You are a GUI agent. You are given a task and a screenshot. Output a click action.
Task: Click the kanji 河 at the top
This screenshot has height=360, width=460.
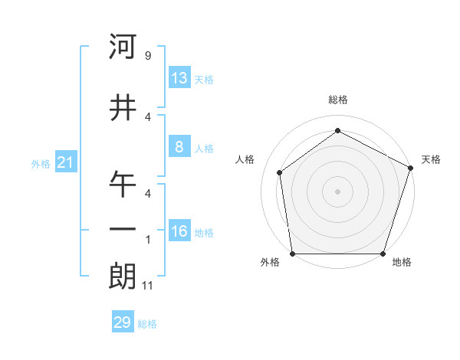click(123, 47)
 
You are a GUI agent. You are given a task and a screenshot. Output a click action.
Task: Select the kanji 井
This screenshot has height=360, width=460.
click(123, 109)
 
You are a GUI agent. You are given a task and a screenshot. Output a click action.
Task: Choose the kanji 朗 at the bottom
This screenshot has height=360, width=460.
click(123, 277)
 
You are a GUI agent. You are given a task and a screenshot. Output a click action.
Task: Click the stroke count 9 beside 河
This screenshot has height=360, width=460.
click(147, 56)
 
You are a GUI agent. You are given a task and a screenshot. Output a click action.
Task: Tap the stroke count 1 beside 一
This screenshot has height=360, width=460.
click(147, 240)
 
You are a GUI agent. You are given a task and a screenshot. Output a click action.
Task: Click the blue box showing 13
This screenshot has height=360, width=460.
click(179, 78)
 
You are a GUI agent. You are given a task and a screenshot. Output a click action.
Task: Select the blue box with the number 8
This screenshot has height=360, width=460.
click(179, 147)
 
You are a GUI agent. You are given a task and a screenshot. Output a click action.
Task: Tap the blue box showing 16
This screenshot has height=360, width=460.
click(179, 231)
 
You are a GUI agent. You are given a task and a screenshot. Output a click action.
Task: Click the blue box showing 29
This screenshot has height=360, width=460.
click(123, 322)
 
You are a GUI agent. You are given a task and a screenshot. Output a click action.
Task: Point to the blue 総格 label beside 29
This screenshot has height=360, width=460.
click(147, 324)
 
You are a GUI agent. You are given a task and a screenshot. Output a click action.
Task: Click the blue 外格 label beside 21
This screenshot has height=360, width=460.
click(40, 163)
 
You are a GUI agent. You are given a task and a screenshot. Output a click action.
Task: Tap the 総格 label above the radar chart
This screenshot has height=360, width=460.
click(337, 100)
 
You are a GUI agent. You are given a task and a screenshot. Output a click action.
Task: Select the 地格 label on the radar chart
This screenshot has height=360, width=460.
click(402, 263)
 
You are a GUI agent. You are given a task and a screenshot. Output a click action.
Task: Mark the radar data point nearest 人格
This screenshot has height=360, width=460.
click(280, 172)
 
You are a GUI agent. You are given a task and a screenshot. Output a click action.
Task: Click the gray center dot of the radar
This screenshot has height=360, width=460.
click(337, 191)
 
